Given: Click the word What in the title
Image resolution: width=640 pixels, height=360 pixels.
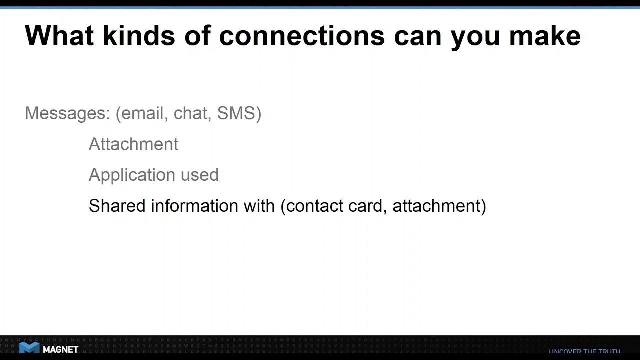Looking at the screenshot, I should click(x=59, y=36).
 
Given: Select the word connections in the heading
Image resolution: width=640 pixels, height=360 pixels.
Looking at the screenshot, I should click(x=302, y=36).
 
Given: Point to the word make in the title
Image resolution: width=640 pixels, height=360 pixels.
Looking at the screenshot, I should click(x=545, y=36).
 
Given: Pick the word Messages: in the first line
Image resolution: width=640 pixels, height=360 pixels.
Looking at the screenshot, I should click(x=67, y=113).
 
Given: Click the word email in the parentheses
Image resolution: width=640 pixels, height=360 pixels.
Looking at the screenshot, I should click(x=143, y=113).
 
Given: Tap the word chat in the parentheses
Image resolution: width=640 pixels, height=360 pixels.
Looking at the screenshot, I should click(x=190, y=113).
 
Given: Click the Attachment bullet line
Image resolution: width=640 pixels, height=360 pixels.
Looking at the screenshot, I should click(x=133, y=144).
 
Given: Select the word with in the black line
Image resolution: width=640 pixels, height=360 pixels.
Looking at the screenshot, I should click(x=259, y=206).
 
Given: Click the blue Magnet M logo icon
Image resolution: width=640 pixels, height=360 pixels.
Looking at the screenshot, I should click(x=29, y=349).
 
